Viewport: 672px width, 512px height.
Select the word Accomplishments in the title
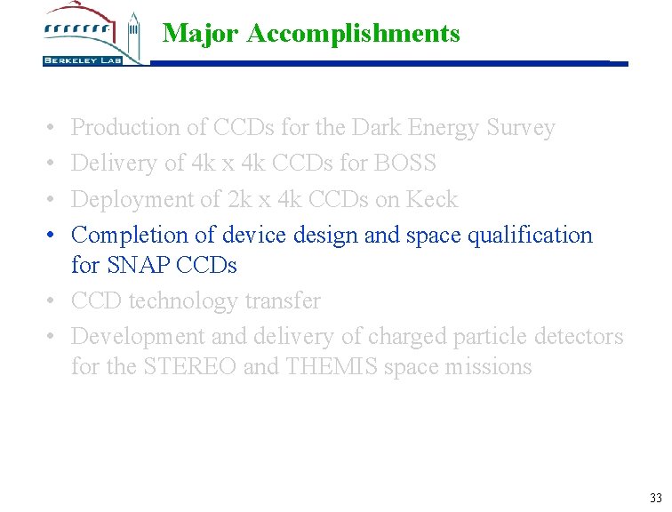pyautogui.click(x=354, y=34)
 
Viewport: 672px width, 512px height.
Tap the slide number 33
pyautogui.click(x=656, y=497)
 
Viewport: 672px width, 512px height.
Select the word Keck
pyautogui.click(x=432, y=199)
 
